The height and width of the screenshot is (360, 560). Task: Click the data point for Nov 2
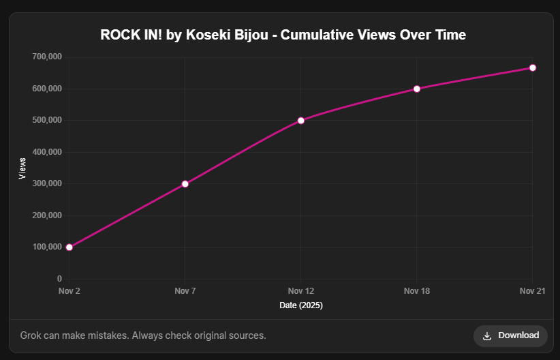(x=69, y=247)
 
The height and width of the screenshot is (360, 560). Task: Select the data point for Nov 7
(x=185, y=183)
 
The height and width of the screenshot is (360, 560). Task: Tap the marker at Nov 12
(x=300, y=120)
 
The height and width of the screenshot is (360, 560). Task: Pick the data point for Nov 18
(x=417, y=89)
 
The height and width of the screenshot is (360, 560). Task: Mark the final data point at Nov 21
(x=533, y=67)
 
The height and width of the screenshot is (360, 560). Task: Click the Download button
(x=510, y=335)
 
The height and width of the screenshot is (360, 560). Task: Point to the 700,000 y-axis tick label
(x=47, y=57)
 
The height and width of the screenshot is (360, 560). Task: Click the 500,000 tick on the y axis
(x=47, y=120)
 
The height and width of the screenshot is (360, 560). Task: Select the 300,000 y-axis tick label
(x=47, y=183)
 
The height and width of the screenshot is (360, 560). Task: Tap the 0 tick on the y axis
(x=59, y=279)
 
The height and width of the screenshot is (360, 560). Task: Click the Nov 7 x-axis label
(x=185, y=291)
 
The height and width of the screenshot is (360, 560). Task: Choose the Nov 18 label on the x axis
(x=417, y=291)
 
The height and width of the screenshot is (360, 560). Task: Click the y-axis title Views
(x=23, y=168)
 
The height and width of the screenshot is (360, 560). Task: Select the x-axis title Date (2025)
(x=301, y=305)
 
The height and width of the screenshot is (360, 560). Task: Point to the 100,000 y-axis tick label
(x=47, y=247)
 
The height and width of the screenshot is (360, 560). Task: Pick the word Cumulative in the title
(x=317, y=35)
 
